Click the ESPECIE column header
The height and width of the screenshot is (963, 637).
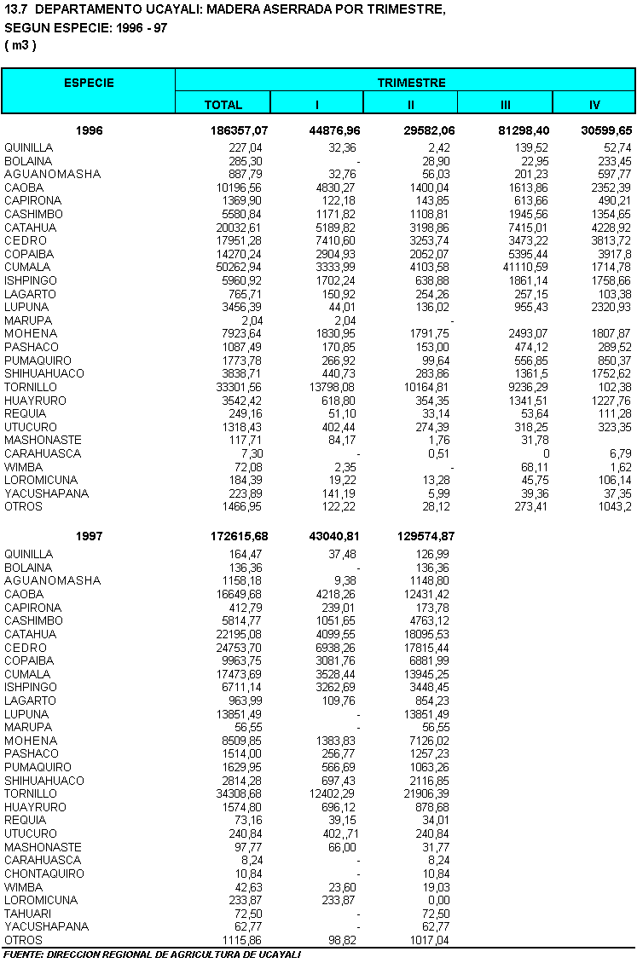pyautogui.click(x=89, y=83)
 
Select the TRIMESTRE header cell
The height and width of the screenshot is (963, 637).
pyautogui.click(x=411, y=83)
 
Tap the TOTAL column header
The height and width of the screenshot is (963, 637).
pyautogui.click(x=223, y=105)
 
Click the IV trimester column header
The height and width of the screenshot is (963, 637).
pyautogui.click(x=594, y=105)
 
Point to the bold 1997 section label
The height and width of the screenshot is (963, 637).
pyautogui.click(x=90, y=537)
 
